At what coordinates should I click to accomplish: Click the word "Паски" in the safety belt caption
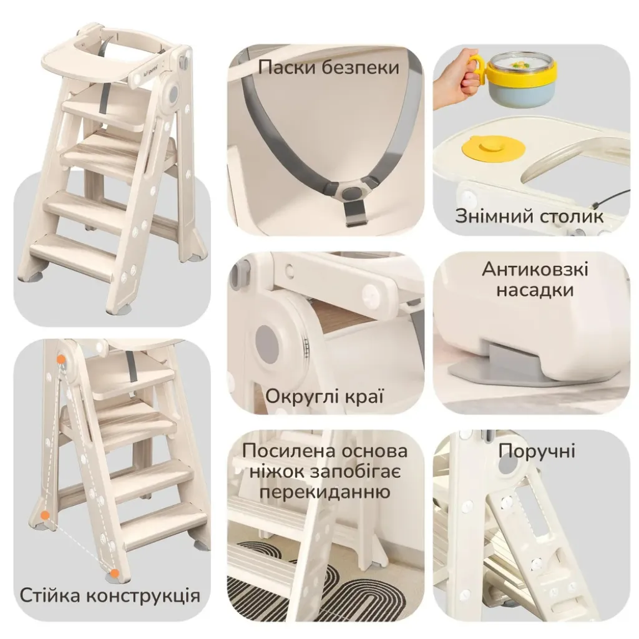pos(288,67)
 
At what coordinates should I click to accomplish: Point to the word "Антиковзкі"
pos(535,270)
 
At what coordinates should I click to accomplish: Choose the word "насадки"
pos(535,290)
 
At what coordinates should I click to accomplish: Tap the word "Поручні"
pos(537,452)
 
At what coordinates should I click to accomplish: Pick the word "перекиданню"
pos(324,492)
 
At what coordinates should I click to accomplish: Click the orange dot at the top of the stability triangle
pos(61,359)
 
